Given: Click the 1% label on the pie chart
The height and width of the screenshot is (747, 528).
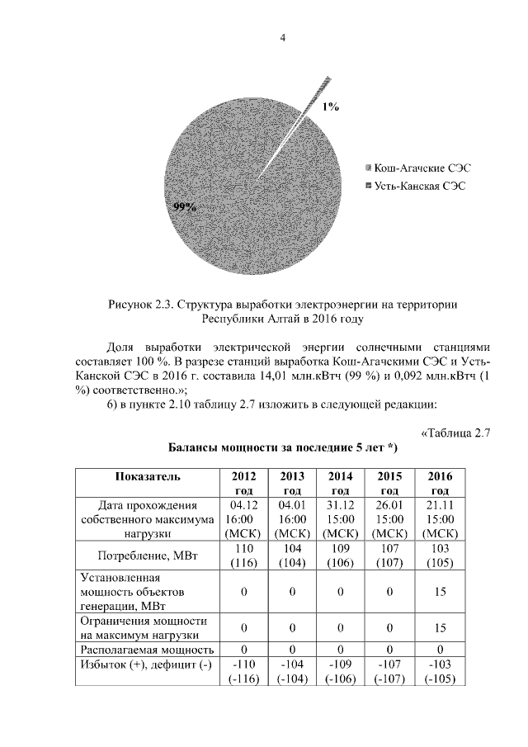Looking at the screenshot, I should [x=330, y=106].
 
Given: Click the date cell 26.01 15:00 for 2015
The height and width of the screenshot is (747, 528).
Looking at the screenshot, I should [x=389, y=518].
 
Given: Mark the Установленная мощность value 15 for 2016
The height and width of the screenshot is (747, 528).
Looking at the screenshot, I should [x=439, y=592].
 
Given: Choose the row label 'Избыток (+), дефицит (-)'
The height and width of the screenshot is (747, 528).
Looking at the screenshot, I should [x=142, y=664].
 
